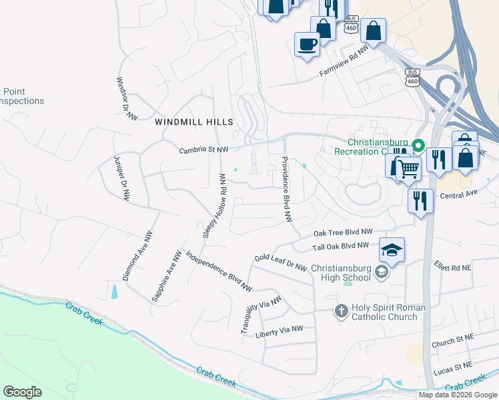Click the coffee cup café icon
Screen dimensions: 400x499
[x=307, y=45]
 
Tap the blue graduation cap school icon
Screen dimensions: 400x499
[x=392, y=250]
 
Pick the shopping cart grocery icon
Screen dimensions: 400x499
[x=408, y=167]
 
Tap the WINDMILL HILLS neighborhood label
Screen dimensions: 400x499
[x=194, y=122]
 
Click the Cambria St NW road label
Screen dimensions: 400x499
[x=203, y=151]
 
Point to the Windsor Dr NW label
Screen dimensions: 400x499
[x=127, y=99]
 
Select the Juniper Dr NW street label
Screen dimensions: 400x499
[x=121, y=177]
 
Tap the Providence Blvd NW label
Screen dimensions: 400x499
[x=286, y=189]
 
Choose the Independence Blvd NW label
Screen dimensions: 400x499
[x=219, y=271]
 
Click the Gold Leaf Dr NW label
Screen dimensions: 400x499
[x=280, y=263]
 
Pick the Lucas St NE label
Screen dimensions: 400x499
[x=452, y=367]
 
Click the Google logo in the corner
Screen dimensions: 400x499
[x=22, y=392]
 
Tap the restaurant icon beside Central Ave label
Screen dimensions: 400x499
[x=419, y=201]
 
